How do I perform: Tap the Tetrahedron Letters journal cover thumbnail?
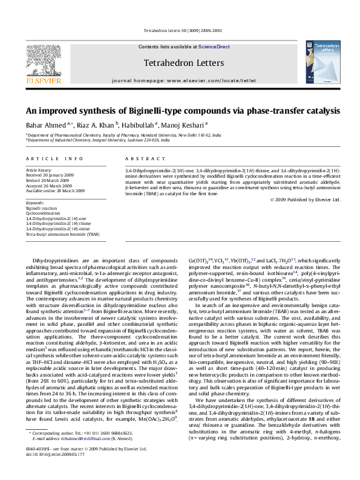click(322, 62)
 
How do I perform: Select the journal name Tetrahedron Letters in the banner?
click(184, 63)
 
